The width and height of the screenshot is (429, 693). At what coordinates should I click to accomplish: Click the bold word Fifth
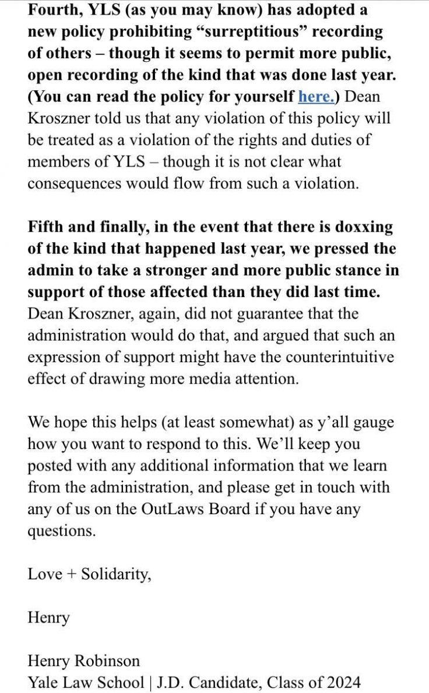click(x=46, y=227)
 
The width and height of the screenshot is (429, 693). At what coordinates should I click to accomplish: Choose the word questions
click(x=61, y=531)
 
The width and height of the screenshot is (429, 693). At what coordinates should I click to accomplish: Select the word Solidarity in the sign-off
click(x=115, y=574)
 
